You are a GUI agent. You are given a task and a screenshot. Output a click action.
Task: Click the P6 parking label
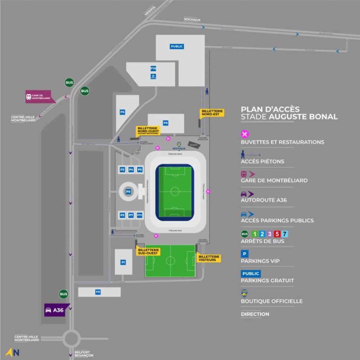(122, 112)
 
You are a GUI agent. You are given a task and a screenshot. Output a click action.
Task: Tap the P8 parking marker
(165, 123)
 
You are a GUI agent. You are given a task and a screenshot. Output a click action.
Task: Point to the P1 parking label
(123, 262)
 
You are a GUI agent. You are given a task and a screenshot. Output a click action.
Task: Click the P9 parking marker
(98, 292)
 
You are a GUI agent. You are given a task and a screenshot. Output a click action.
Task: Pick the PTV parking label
(140, 215)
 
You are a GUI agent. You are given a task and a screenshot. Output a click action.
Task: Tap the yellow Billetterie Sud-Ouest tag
(148, 251)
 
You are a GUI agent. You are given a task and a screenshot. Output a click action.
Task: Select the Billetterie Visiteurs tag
(209, 258)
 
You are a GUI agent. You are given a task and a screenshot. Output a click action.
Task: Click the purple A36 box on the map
(54, 310)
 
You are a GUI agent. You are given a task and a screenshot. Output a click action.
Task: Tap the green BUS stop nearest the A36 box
(64, 294)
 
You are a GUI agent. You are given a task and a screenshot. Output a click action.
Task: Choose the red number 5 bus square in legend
(276, 234)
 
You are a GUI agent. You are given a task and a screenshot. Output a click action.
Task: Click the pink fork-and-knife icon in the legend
(245, 134)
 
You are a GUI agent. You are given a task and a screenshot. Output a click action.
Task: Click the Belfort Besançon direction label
(83, 354)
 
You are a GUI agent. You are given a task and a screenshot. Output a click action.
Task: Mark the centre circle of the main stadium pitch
(175, 192)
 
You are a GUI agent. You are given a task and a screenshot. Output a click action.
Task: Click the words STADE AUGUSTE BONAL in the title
(289, 116)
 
